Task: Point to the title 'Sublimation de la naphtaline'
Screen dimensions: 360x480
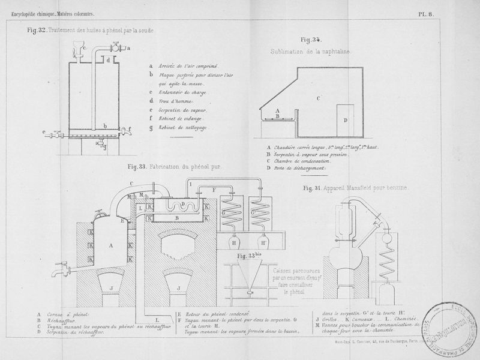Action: (311, 52)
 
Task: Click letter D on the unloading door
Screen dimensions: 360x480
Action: (345, 120)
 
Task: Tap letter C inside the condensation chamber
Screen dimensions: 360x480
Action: (319, 97)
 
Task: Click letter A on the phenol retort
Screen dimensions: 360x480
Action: (112, 245)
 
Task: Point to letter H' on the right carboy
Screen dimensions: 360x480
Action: (265, 243)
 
